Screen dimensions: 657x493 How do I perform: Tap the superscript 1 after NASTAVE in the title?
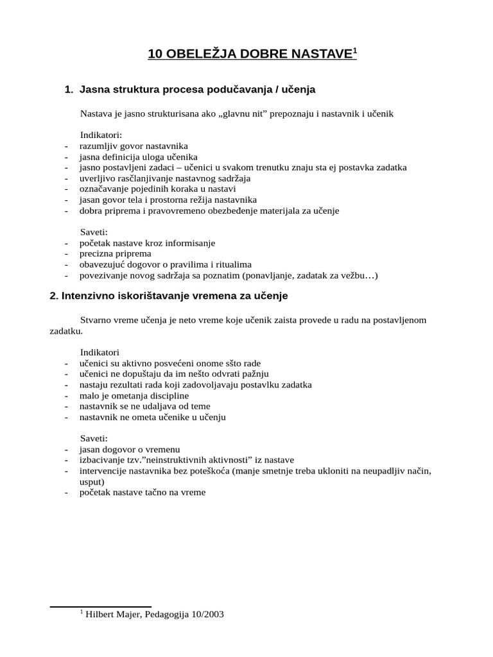tap(354, 50)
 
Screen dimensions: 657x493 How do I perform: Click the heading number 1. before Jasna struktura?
tap(69, 90)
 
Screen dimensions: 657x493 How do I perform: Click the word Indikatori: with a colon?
tap(101, 135)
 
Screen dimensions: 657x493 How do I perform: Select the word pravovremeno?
tap(180, 210)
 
